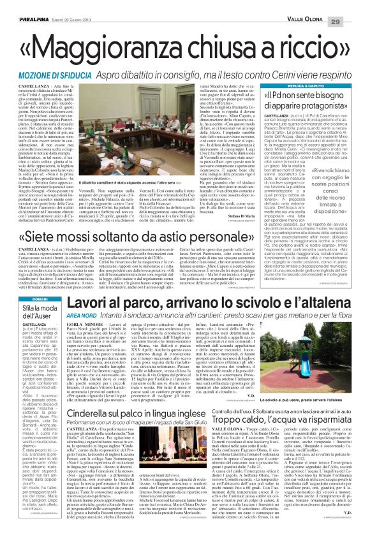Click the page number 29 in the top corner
pos(355,6)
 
